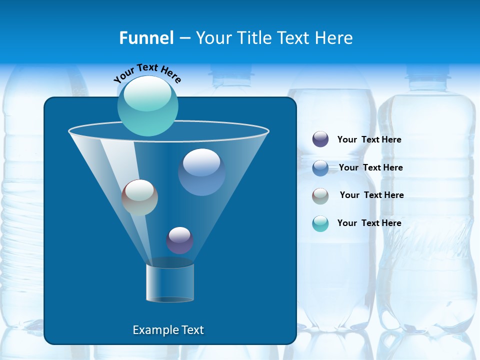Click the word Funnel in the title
click(146, 38)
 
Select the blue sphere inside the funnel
click(201, 172)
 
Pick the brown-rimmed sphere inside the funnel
click(139, 197)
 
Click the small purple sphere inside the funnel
click(179, 240)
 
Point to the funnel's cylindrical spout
click(170, 283)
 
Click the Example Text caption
click(168, 330)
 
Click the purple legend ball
click(320, 139)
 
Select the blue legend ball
click(320, 168)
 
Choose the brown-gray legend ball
click(320, 196)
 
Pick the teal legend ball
click(320, 223)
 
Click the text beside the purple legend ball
click(369, 140)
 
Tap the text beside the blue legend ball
click(370, 168)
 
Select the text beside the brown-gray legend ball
click(371, 195)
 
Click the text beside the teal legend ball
click(369, 223)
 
